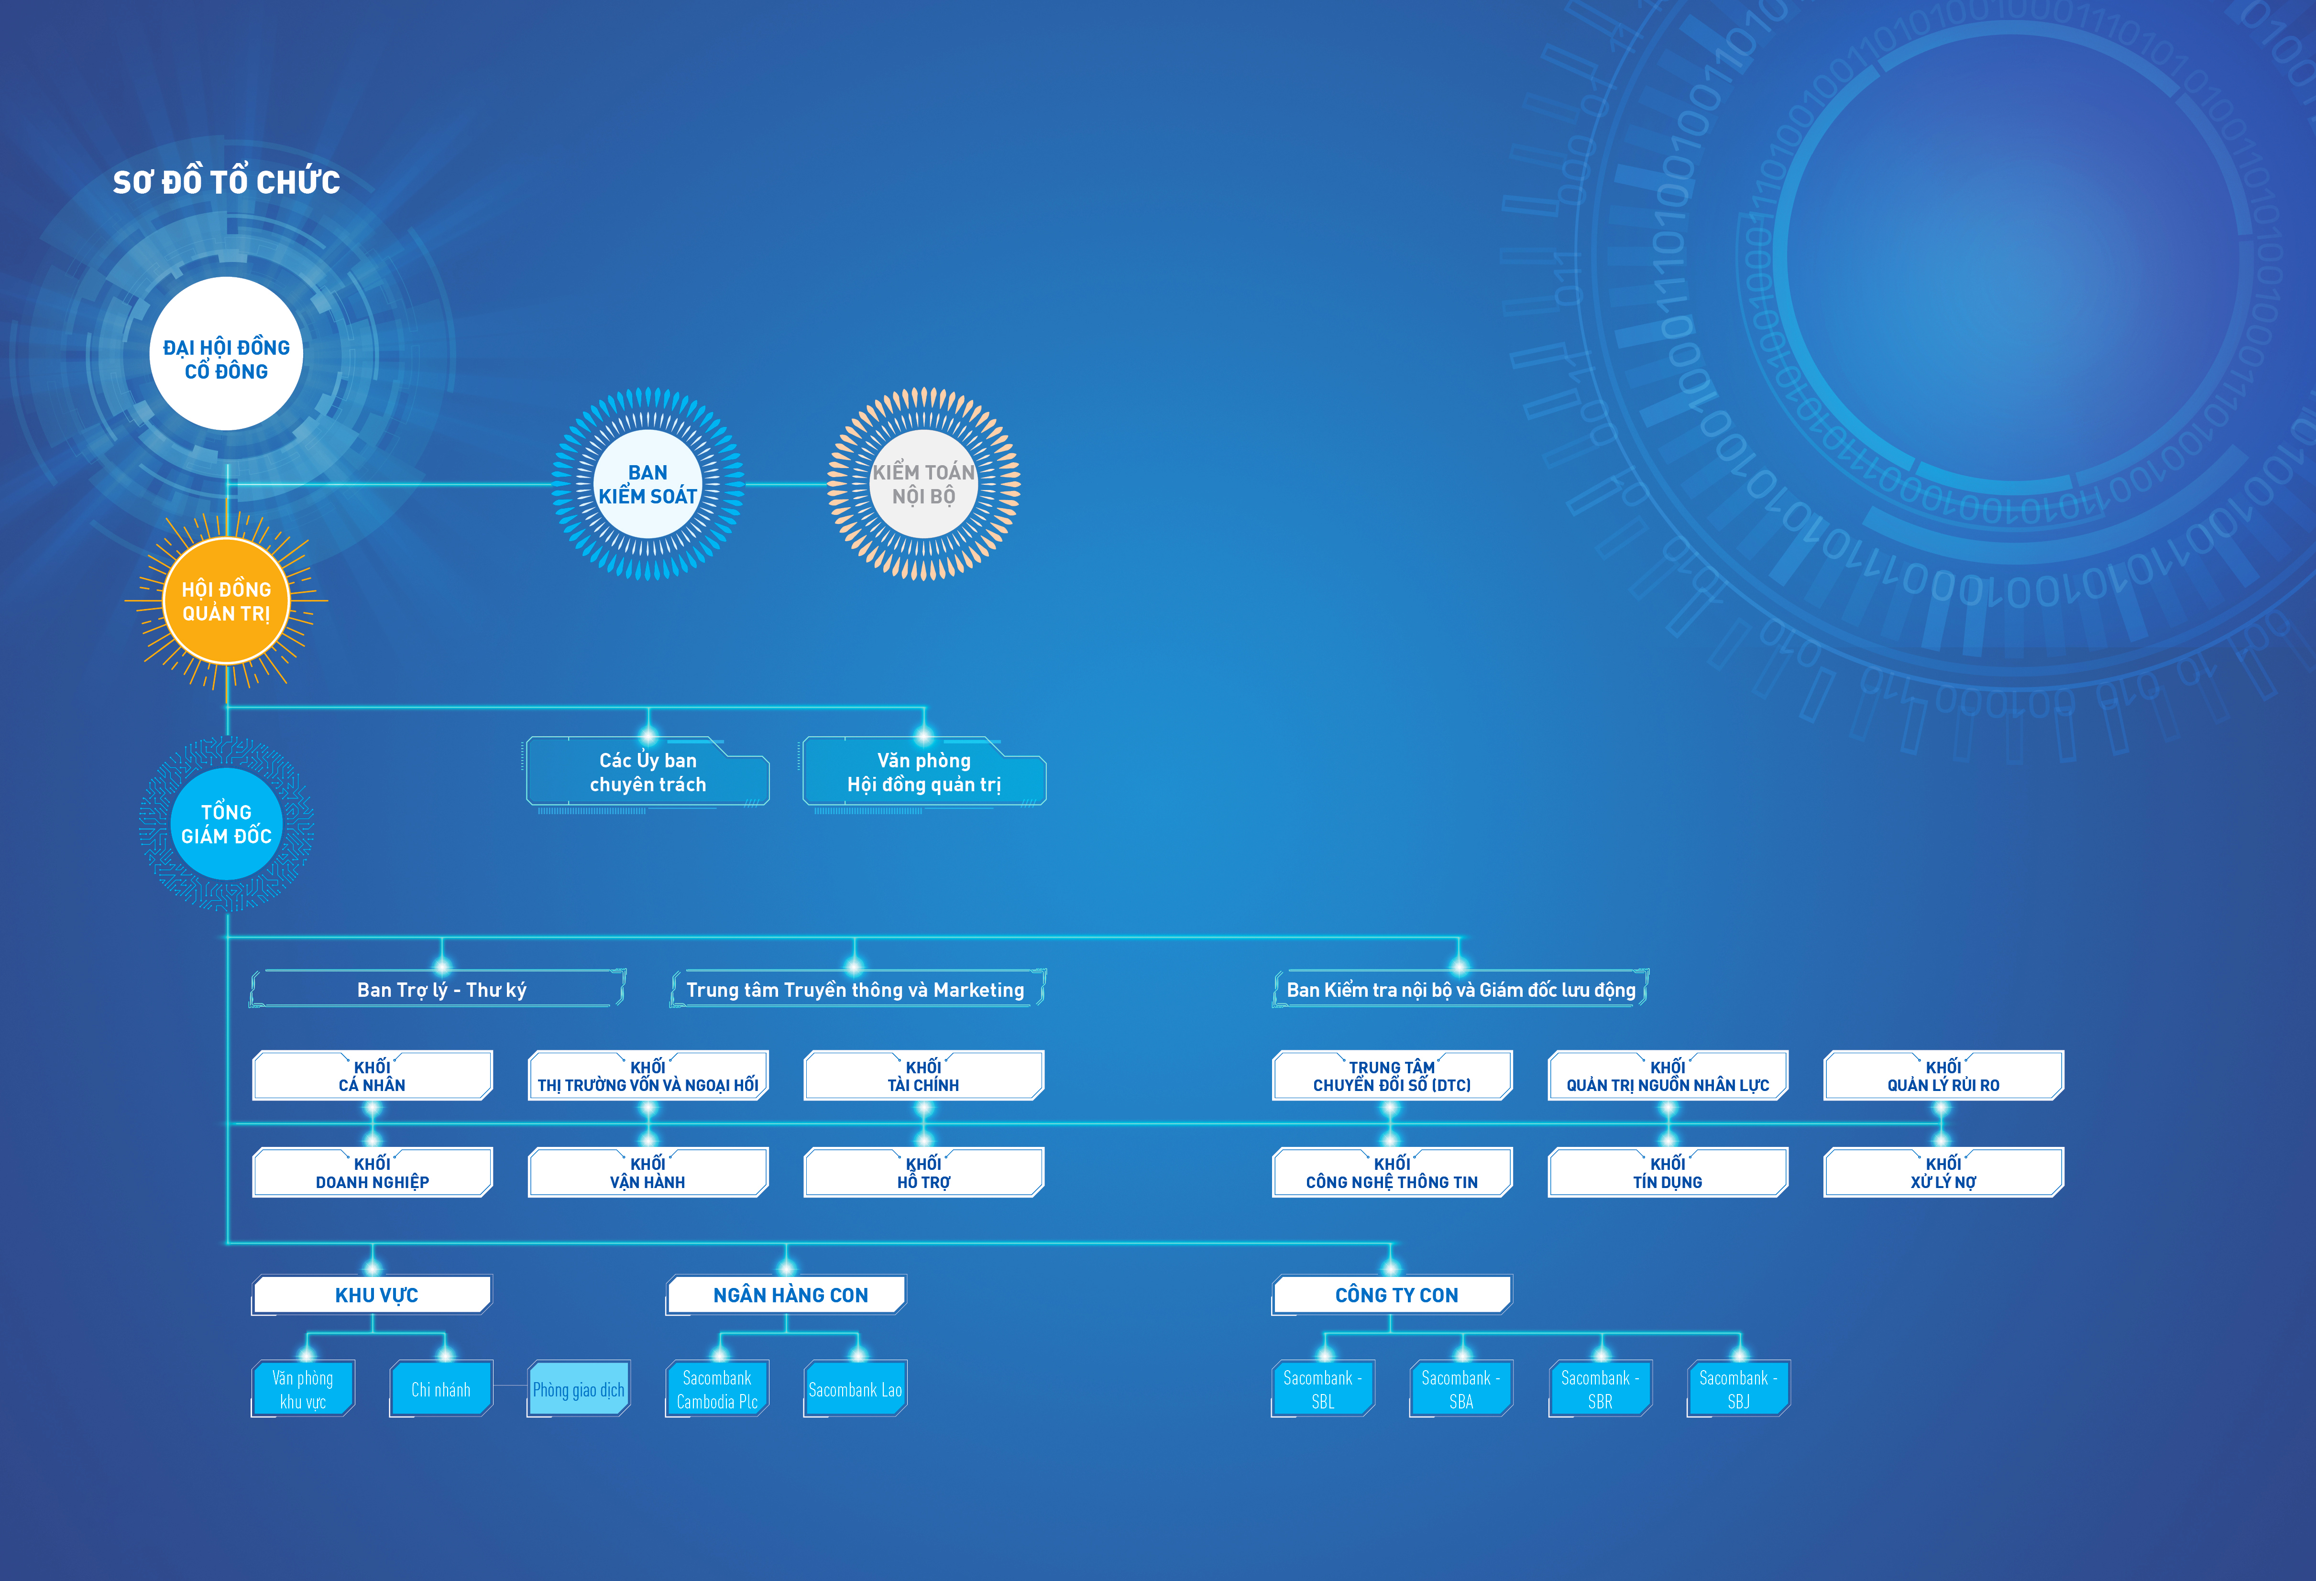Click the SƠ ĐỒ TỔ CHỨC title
click(x=226, y=182)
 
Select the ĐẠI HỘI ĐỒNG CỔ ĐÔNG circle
click(x=226, y=355)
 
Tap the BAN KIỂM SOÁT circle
click(x=648, y=484)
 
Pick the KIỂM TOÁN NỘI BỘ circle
click(x=924, y=484)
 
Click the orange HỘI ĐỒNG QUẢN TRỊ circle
click(x=226, y=601)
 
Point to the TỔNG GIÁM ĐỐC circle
click(x=226, y=824)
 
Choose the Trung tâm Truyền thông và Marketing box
click(x=855, y=989)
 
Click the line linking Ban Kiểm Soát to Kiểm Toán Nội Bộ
click(x=787, y=485)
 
